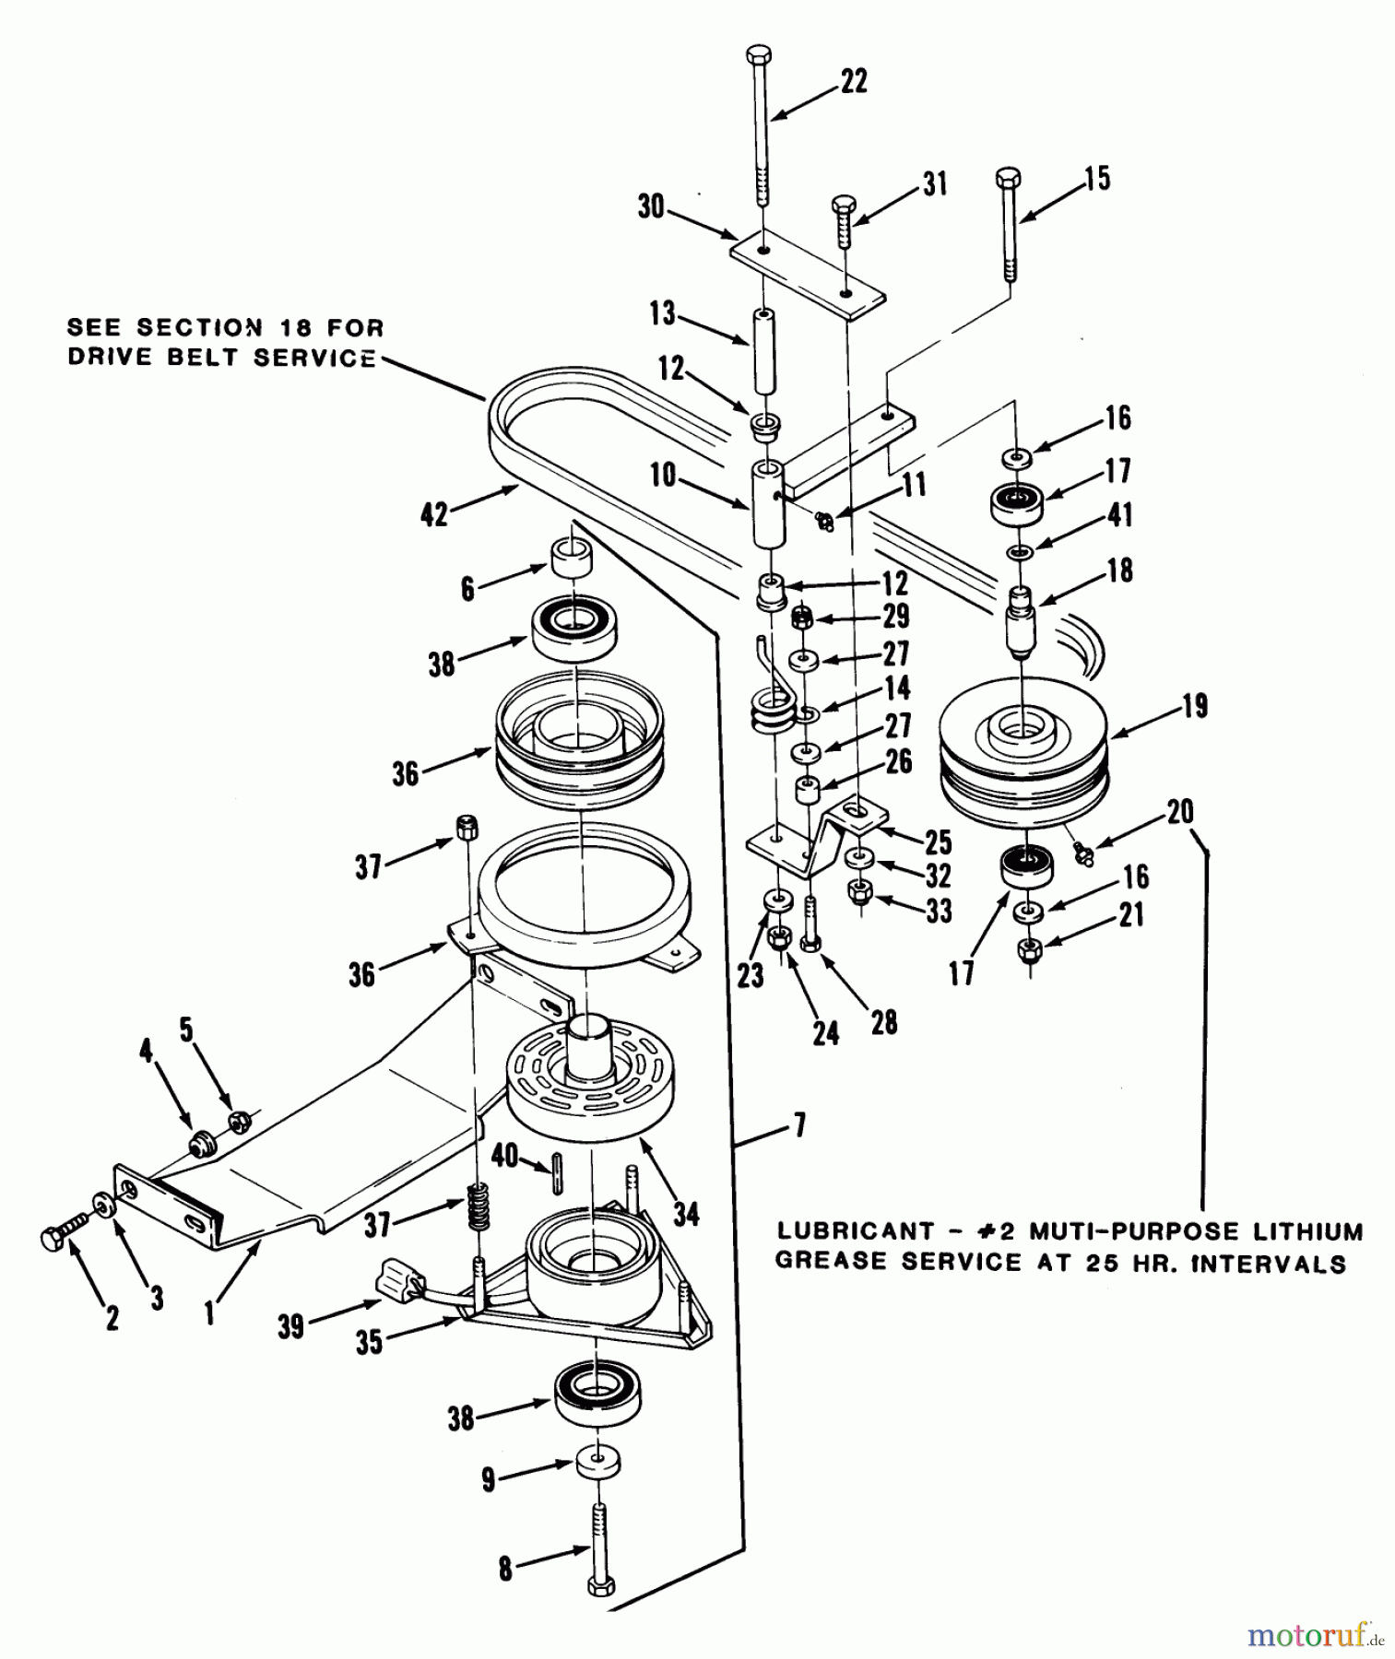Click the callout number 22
coord(854,81)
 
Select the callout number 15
coord(1097,178)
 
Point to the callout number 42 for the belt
coord(434,513)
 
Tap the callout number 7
coord(798,1124)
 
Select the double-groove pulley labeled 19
coord(1023,751)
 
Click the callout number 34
coord(685,1214)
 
